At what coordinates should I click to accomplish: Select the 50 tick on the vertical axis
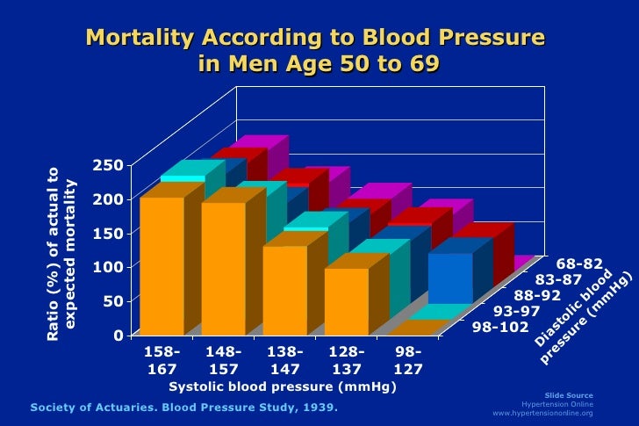[x=112, y=300]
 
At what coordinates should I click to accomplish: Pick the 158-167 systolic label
[x=161, y=360]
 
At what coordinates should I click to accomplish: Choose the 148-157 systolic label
[x=222, y=360]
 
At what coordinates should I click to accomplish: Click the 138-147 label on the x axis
[x=284, y=360]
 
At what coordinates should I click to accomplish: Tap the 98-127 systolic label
[x=406, y=360]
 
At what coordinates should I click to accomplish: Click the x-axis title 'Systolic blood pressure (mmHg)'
[x=283, y=386]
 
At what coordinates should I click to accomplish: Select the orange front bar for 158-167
[x=162, y=264]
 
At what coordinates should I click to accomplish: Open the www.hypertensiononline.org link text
[x=543, y=413]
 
